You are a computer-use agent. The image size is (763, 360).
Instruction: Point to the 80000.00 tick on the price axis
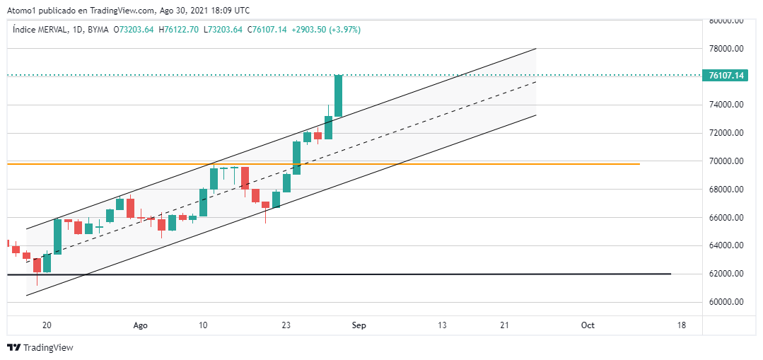pyautogui.click(x=728, y=21)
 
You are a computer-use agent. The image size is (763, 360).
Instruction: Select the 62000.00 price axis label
pyautogui.click(x=728, y=274)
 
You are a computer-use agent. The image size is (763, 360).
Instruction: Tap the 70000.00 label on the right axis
pyautogui.click(x=728, y=161)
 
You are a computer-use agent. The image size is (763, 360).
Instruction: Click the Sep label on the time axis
pyautogui.click(x=359, y=325)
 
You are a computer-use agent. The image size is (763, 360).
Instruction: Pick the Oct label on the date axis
pyautogui.click(x=588, y=325)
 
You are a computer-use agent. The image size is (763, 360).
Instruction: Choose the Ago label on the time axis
pyautogui.click(x=141, y=325)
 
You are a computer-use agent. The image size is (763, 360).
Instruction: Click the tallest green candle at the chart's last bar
pyautogui.click(x=339, y=95)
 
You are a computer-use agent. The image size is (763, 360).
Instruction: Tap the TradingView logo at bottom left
pyautogui.click(x=40, y=347)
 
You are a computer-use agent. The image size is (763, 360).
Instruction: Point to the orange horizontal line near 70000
pyautogui.click(x=495, y=163)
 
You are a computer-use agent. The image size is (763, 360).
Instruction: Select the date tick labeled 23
pyautogui.click(x=287, y=325)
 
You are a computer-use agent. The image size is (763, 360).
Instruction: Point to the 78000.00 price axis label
pyautogui.click(x=728, y=49)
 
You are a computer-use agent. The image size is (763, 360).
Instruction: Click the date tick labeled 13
pyautogui.click(x=443, y=325)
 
